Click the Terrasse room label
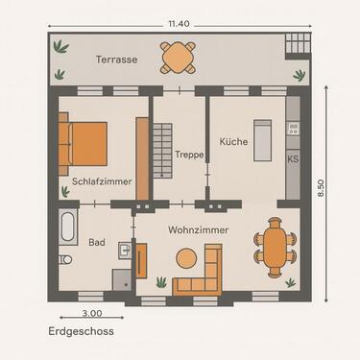(116, 60)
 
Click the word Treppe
(188, 155)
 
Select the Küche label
(233, 141)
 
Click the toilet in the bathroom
(65, 260)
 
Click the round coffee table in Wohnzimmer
(185, 257)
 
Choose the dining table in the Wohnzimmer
(276, 249)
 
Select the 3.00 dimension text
(91, 312)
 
